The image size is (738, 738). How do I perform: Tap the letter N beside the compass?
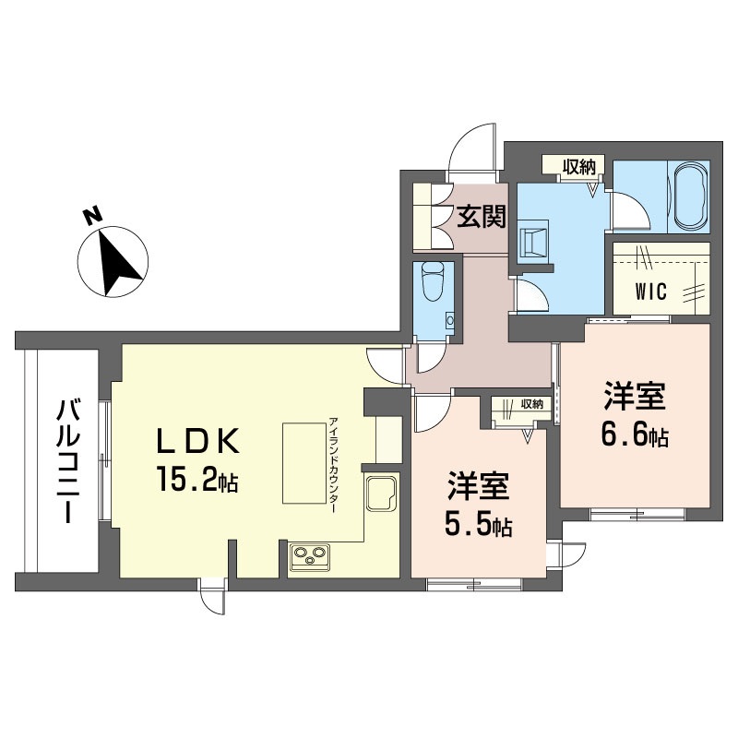pos(91,217)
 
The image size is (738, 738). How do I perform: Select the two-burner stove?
pos(311,555)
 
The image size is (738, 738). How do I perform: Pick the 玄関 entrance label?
pos(482,217)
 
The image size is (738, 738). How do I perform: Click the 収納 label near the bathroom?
pos(578,166)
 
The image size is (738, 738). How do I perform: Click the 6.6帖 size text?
pos(636,433)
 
